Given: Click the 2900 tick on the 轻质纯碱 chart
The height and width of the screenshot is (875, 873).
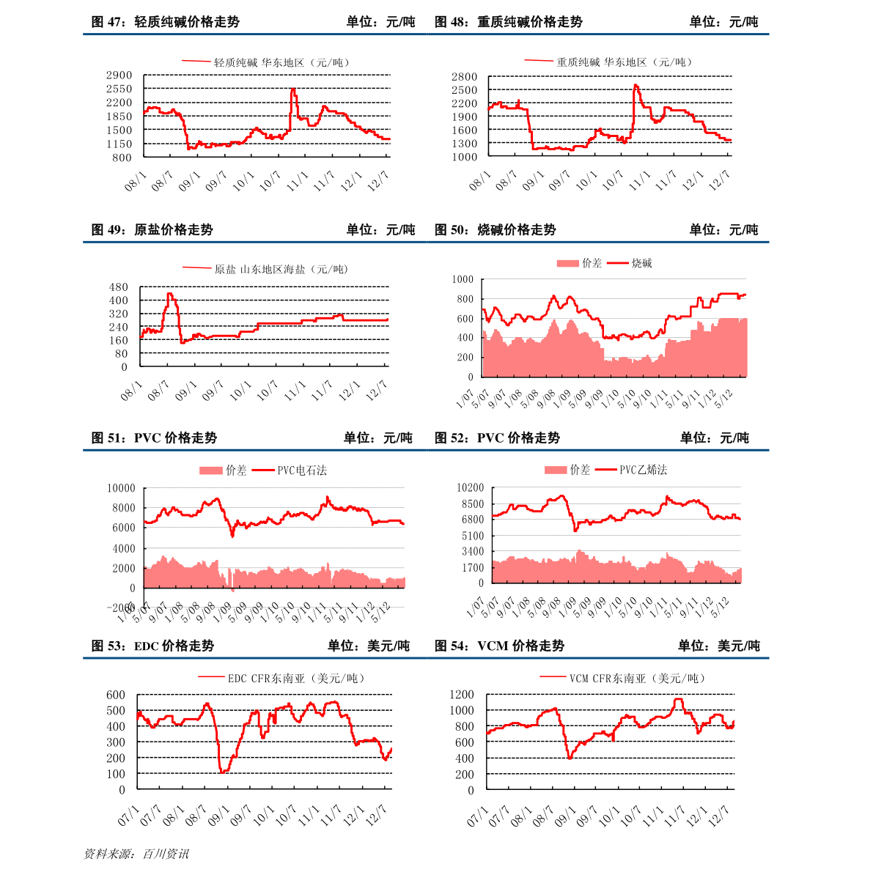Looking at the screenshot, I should pos(119,75).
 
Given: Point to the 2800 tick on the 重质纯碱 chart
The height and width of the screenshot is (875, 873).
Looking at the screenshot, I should pos(464,77).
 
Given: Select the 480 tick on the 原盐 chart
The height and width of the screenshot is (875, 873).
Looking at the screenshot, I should pos(119,287).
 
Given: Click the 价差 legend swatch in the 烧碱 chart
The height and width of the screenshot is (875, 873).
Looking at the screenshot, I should pos(568,263).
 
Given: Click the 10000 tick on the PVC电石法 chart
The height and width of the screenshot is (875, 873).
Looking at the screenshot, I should pos(121,488).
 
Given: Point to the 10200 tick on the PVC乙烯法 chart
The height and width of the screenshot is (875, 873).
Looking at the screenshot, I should pos(470,488).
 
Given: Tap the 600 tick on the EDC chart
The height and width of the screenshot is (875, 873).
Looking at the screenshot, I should pos(116,695).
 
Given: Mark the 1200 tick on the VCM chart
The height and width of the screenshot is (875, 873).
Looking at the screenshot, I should pos(462,695).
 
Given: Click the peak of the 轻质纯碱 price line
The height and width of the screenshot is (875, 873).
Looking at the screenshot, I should pos(293,89).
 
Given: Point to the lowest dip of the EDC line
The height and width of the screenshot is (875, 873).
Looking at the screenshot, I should pos(222,772).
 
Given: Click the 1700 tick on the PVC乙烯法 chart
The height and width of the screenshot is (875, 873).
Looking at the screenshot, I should pos(473,567).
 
